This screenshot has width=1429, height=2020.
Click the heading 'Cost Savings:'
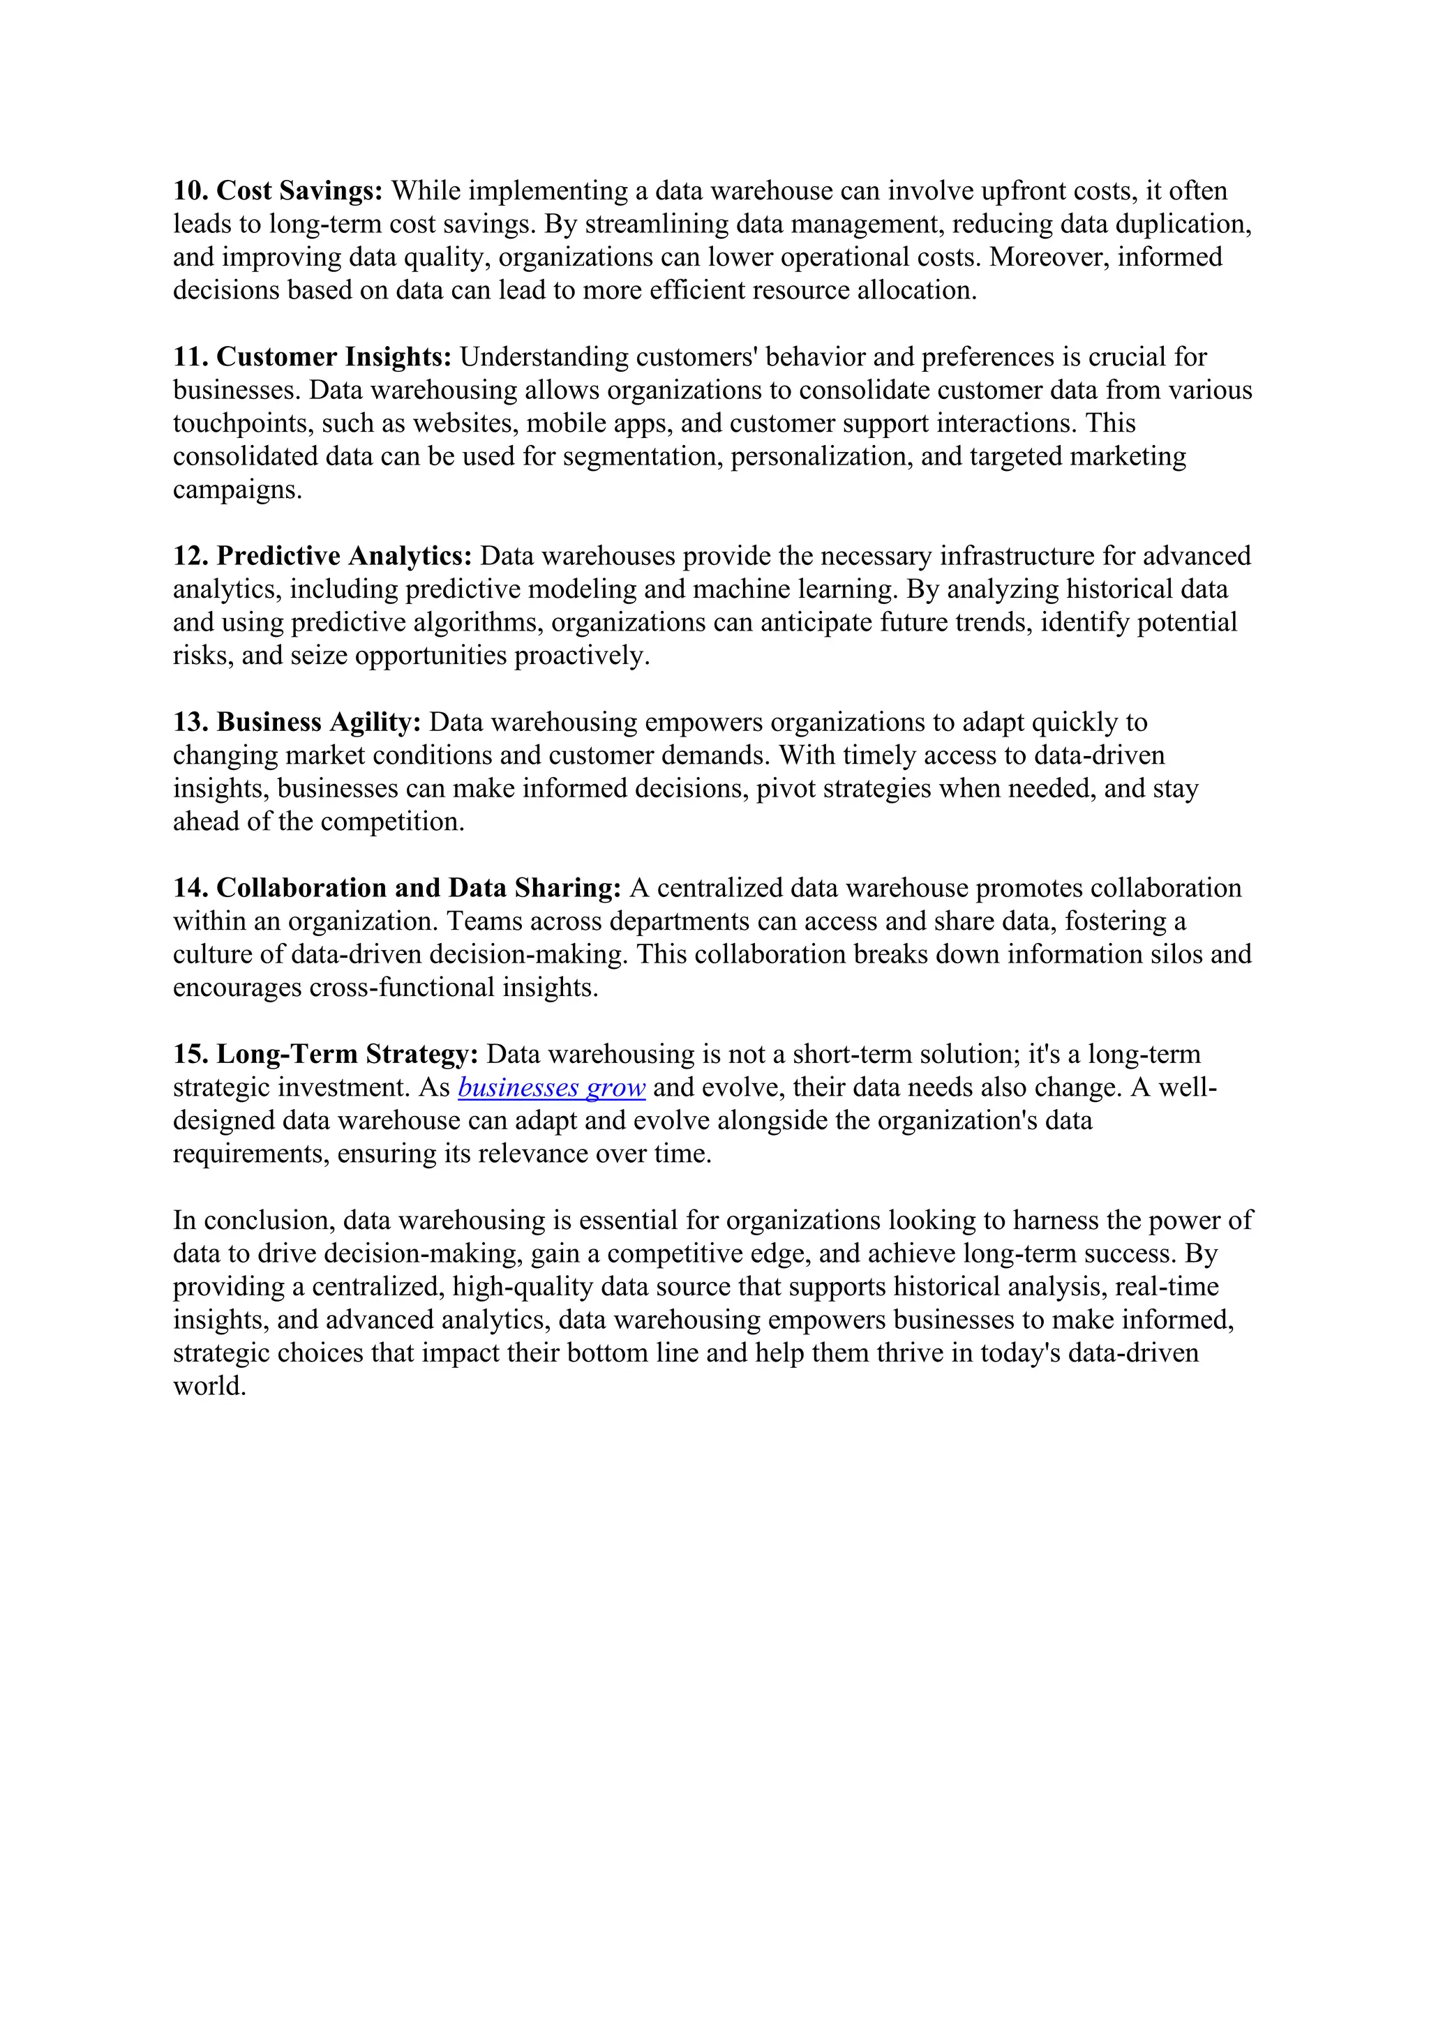pyautogui.click(x=299, y=191)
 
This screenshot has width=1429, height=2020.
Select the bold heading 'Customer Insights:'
pyautogui.click(x=334, y=357)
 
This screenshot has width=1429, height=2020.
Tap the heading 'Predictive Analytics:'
pyautogui.click(x=344, y=556)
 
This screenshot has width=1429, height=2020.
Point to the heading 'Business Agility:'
pyautogui.click(x=319, y=723)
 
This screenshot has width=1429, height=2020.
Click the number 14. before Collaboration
pyautogui.click(x=190, y=888)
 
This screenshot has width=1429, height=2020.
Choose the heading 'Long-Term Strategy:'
pyautogui.click(x=347, y=1054)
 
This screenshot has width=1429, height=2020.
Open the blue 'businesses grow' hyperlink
pyautogui.click(x=552, y=1088)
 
